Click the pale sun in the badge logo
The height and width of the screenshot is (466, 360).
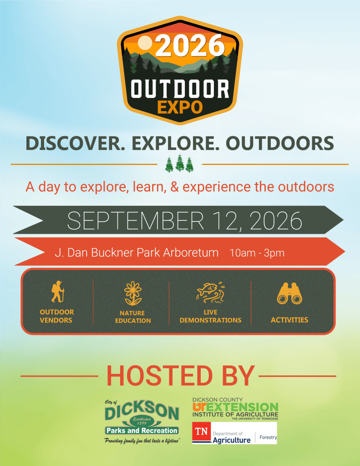tap(145, 43)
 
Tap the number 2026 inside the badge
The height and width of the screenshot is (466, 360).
tap(190, 46)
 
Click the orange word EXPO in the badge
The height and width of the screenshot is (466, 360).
tap(180, 108)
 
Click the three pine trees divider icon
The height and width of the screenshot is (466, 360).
tap(179, 163)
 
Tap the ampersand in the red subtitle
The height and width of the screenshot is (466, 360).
tap(175, 187)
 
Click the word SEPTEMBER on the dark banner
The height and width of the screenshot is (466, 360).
tap(136, 221)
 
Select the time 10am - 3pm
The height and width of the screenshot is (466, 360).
tap(257, 253)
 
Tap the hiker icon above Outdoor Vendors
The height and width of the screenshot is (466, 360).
tap(57, 292)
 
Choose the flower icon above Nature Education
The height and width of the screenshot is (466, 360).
tap(133, 293)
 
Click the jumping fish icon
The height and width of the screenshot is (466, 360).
tap(210, 292)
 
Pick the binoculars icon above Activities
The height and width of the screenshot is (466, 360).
tap(289, 294)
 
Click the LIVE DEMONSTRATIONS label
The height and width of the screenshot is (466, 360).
tap(211, 316)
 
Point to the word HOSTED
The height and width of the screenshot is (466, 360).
tap(159, 376)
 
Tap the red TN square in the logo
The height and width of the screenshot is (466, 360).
tap(201, 432)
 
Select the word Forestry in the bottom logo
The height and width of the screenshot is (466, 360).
tap(268, 437)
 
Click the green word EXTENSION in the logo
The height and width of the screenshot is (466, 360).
tap(242, 407)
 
